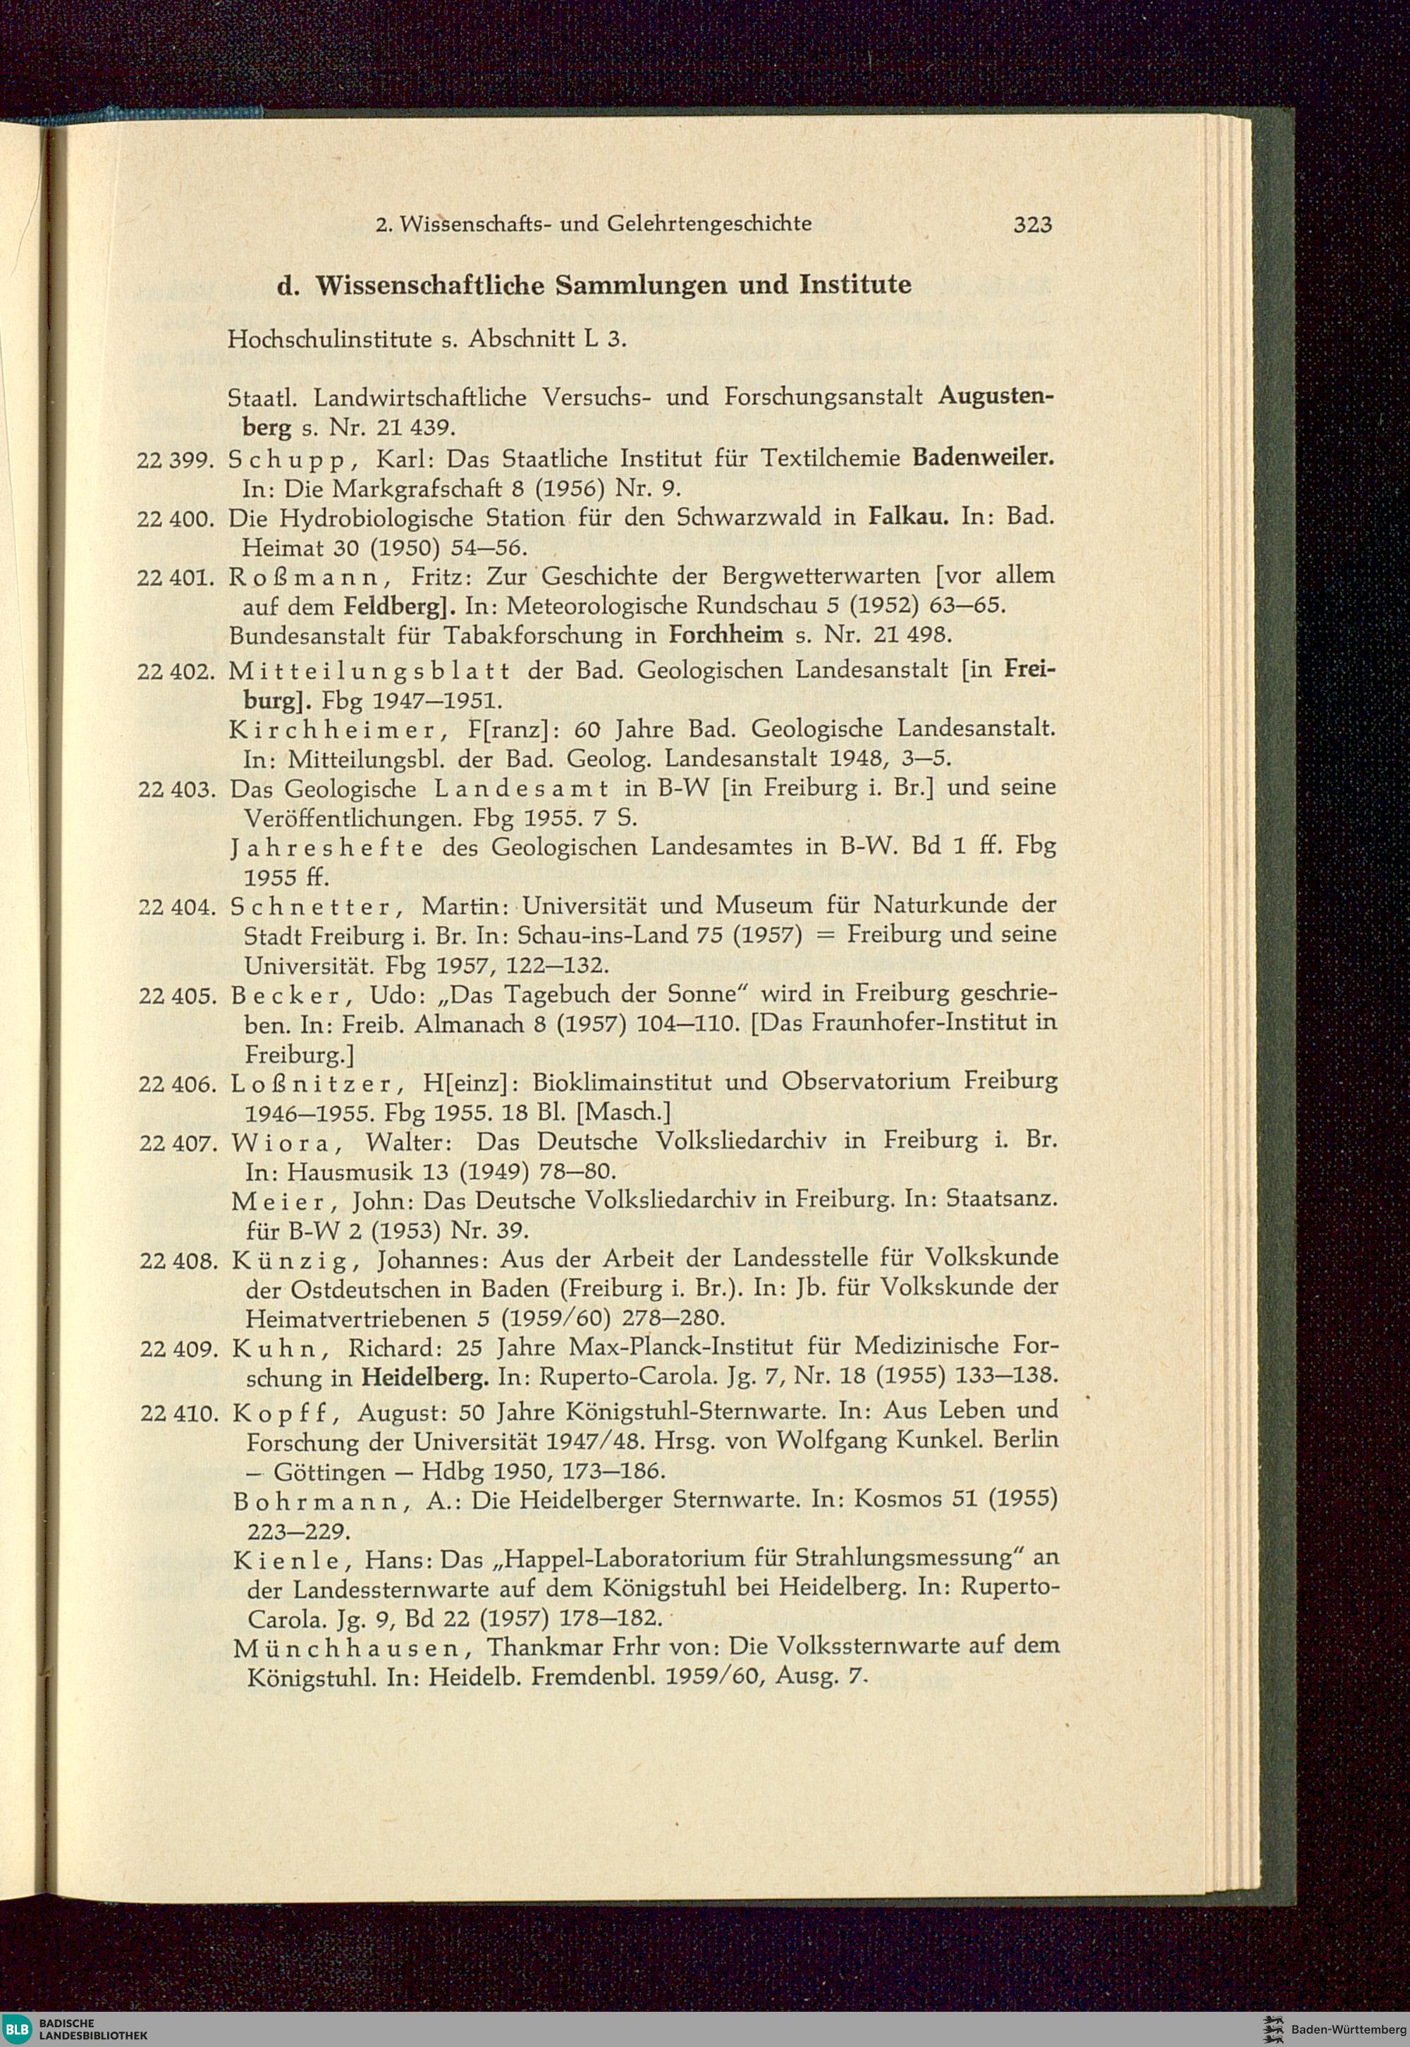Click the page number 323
(x=1033, y=224)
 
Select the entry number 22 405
(x=178, y=995)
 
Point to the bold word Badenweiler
(x=984, y=458)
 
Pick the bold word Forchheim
(x=727, y=635)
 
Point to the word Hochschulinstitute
(x=331, y=338)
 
